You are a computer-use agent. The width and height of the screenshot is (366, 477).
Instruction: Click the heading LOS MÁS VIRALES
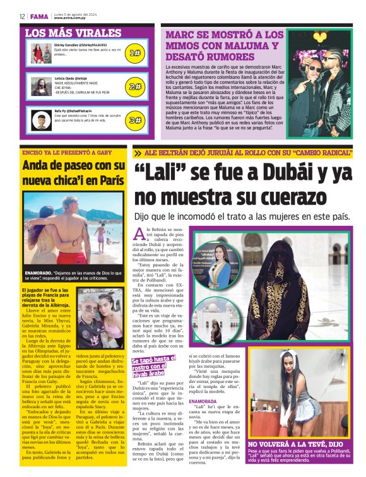coord(73,32)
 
